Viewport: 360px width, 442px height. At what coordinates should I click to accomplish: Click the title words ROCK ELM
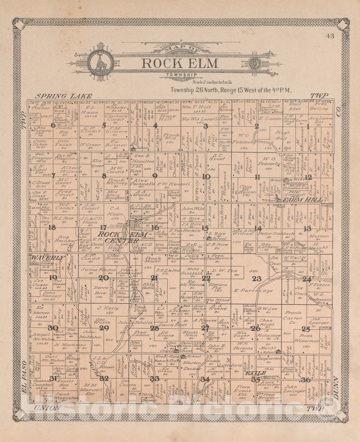tap(180, 63)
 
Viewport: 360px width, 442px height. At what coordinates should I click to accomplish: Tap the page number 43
tap(330, 36)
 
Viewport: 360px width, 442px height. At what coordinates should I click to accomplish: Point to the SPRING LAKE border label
tap(63, 96)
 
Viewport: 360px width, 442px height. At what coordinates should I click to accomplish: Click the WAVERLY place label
tap(47, 258)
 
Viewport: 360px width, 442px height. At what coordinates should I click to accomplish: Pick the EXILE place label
tap(255, 373)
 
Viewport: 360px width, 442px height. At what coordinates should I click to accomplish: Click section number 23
tap(256, 279)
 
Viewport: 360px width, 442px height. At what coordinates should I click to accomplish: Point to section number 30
tap(53, 328)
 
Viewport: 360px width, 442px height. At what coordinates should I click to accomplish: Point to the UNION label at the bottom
tap(47, 408)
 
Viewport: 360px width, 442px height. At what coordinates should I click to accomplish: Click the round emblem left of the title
tap(101, 63)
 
